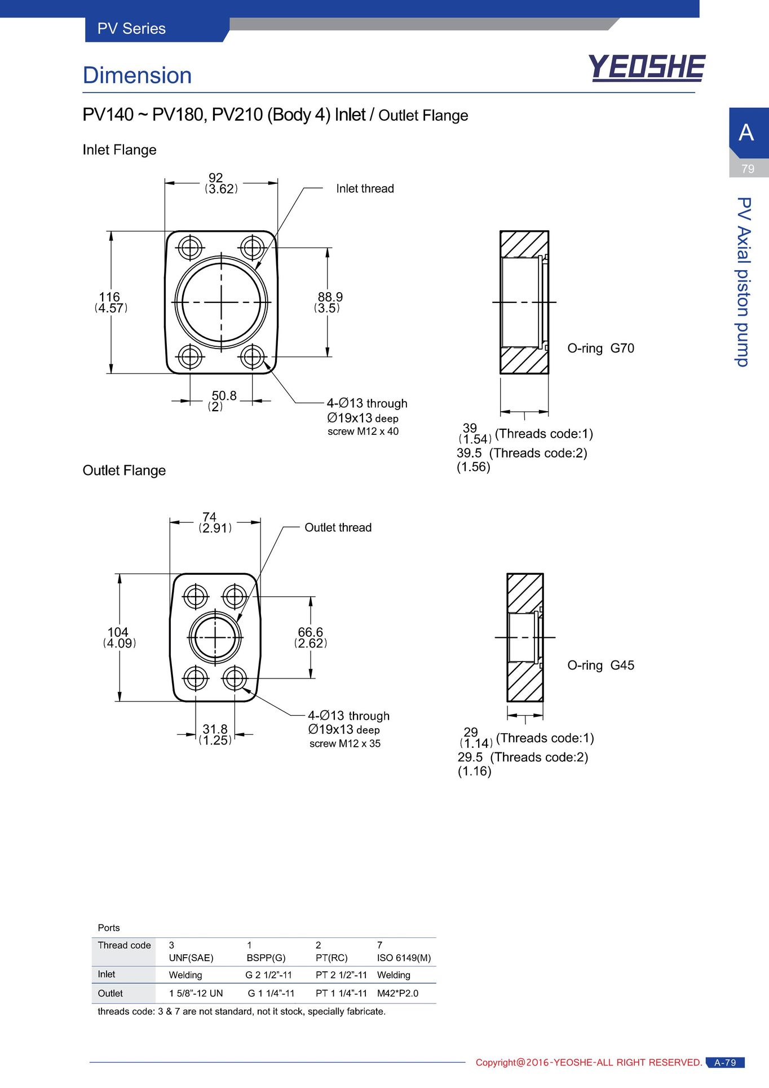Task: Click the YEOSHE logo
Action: tap(647, 68)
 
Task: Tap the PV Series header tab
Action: tap(131, 29)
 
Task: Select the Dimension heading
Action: tap(137, 76)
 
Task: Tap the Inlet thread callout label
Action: tap(365, 188)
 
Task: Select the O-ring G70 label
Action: tap(600, 348)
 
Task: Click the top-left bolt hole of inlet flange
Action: tap(190, 248)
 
